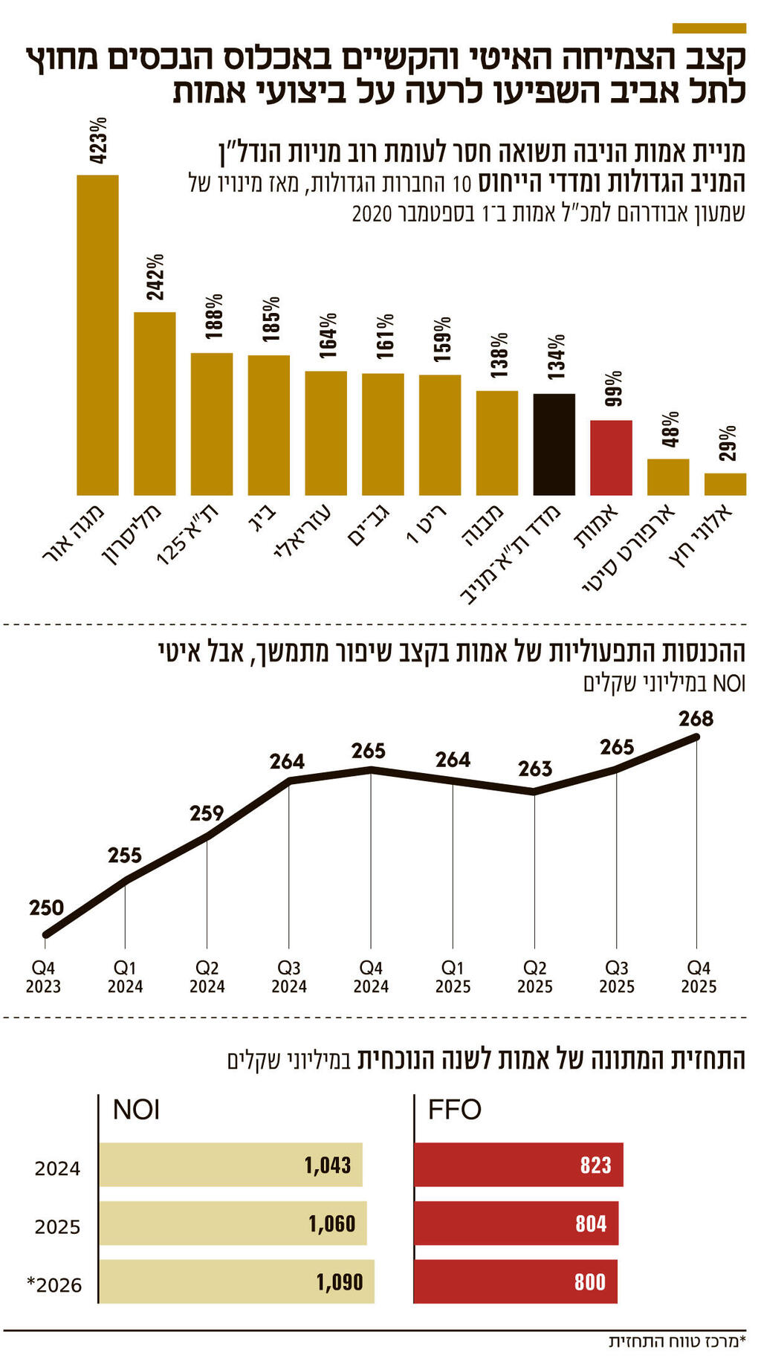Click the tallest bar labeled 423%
[x=97, y=334]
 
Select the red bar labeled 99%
[x=611, y=457]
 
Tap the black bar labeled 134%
[x=554, y=444]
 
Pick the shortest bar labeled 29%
[x=725, y=484]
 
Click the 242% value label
[x=155, y=277]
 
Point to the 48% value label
[x=670, y=429]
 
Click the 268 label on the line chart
[x=696, y=719]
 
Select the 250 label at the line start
[x=46, y=908]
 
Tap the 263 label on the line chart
[x=535, y=769]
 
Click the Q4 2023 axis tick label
[x=43, y=977]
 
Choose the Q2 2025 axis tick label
[x=535, y=977]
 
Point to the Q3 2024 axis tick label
[x=289, y=977]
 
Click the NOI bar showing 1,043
[x=230, y=1165]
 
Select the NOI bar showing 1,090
[x=236, y=1281]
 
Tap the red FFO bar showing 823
[x=518, y=1165]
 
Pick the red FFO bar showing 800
[x=515, y=1281]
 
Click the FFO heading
[x=454, y=1110]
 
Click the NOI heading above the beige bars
[x=136, y=1110]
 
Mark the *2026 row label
[x=54, y=1285]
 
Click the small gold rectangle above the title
[x=708, y=28]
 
